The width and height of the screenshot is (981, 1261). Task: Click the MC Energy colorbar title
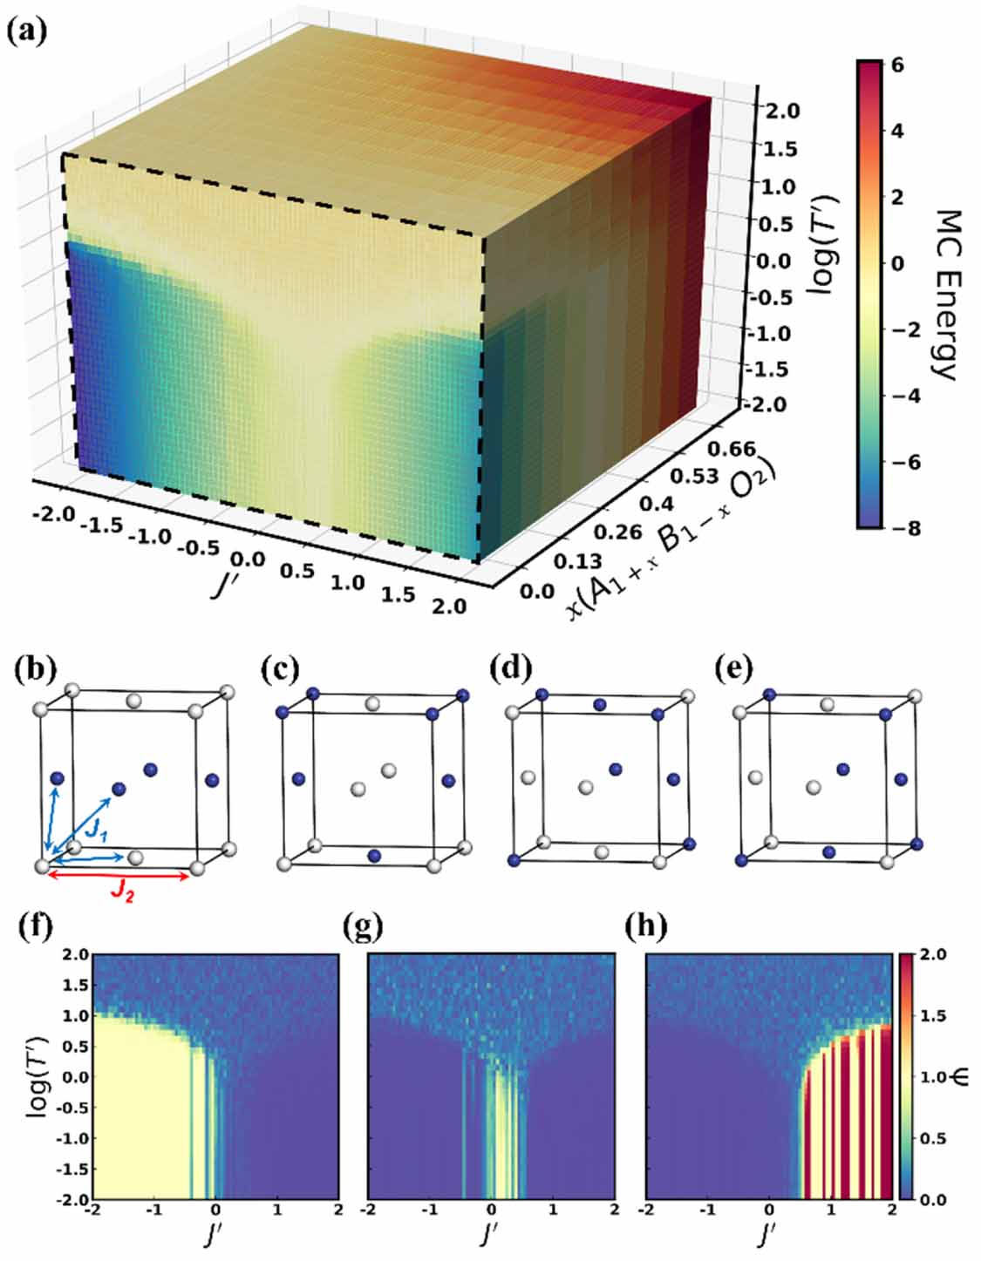(944, 295)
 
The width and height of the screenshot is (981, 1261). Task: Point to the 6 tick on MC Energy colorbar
(897, 65)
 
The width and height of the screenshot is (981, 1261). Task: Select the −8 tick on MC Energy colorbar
(902, 528)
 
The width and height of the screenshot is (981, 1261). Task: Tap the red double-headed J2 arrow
(118, 876)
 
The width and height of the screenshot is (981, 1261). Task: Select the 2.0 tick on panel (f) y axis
(76, 955)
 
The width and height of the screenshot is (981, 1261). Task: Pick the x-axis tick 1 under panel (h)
(829, 1210)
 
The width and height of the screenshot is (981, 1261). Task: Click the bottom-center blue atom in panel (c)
(375, 856)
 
